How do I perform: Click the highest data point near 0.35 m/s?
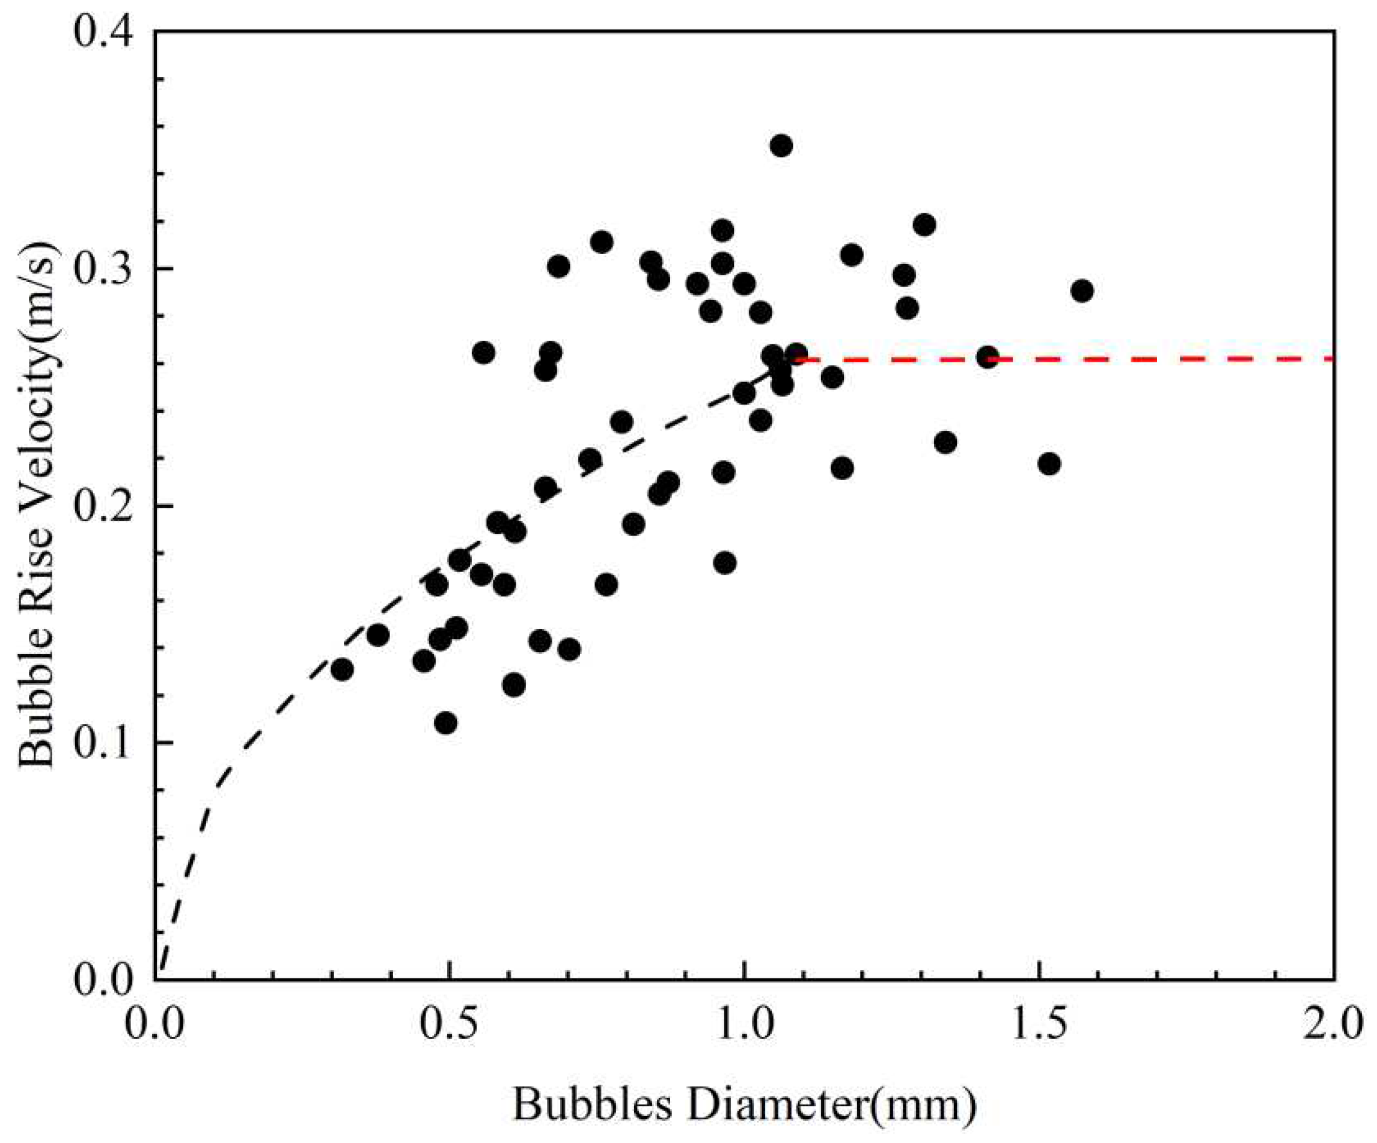point(780,145)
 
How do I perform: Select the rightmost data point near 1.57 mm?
point(1082,290)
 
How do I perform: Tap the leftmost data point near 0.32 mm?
point(341,669)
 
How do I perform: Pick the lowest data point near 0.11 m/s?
point(445,724)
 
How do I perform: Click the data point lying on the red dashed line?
point(988,358)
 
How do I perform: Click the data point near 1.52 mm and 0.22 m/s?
point(1049,463)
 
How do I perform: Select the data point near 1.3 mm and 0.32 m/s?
point(924,225)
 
